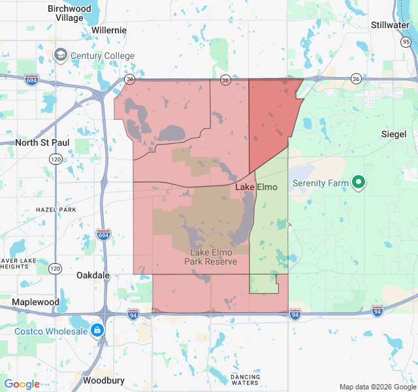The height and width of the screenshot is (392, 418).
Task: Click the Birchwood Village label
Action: [69, 13]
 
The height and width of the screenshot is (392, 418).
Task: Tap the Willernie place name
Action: [108, 30]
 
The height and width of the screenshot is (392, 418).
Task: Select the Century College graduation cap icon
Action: [61, 54]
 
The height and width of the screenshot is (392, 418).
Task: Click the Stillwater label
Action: [389, 25]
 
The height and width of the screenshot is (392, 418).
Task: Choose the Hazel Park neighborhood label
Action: [56, 210]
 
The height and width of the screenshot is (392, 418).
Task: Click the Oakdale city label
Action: [93, 275]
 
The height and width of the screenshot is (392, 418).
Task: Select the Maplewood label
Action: [35, 302]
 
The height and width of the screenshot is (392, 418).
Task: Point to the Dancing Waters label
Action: [245, 380]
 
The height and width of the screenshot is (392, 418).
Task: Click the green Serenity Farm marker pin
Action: [358, 183]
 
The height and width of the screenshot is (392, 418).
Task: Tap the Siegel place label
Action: [394, 134]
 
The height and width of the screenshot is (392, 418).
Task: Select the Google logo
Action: [22, 384]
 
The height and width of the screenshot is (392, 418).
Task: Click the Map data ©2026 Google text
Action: [377, 387]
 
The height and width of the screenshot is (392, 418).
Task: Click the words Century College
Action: [103, 56]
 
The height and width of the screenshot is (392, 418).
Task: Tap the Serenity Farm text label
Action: [321, 184]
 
